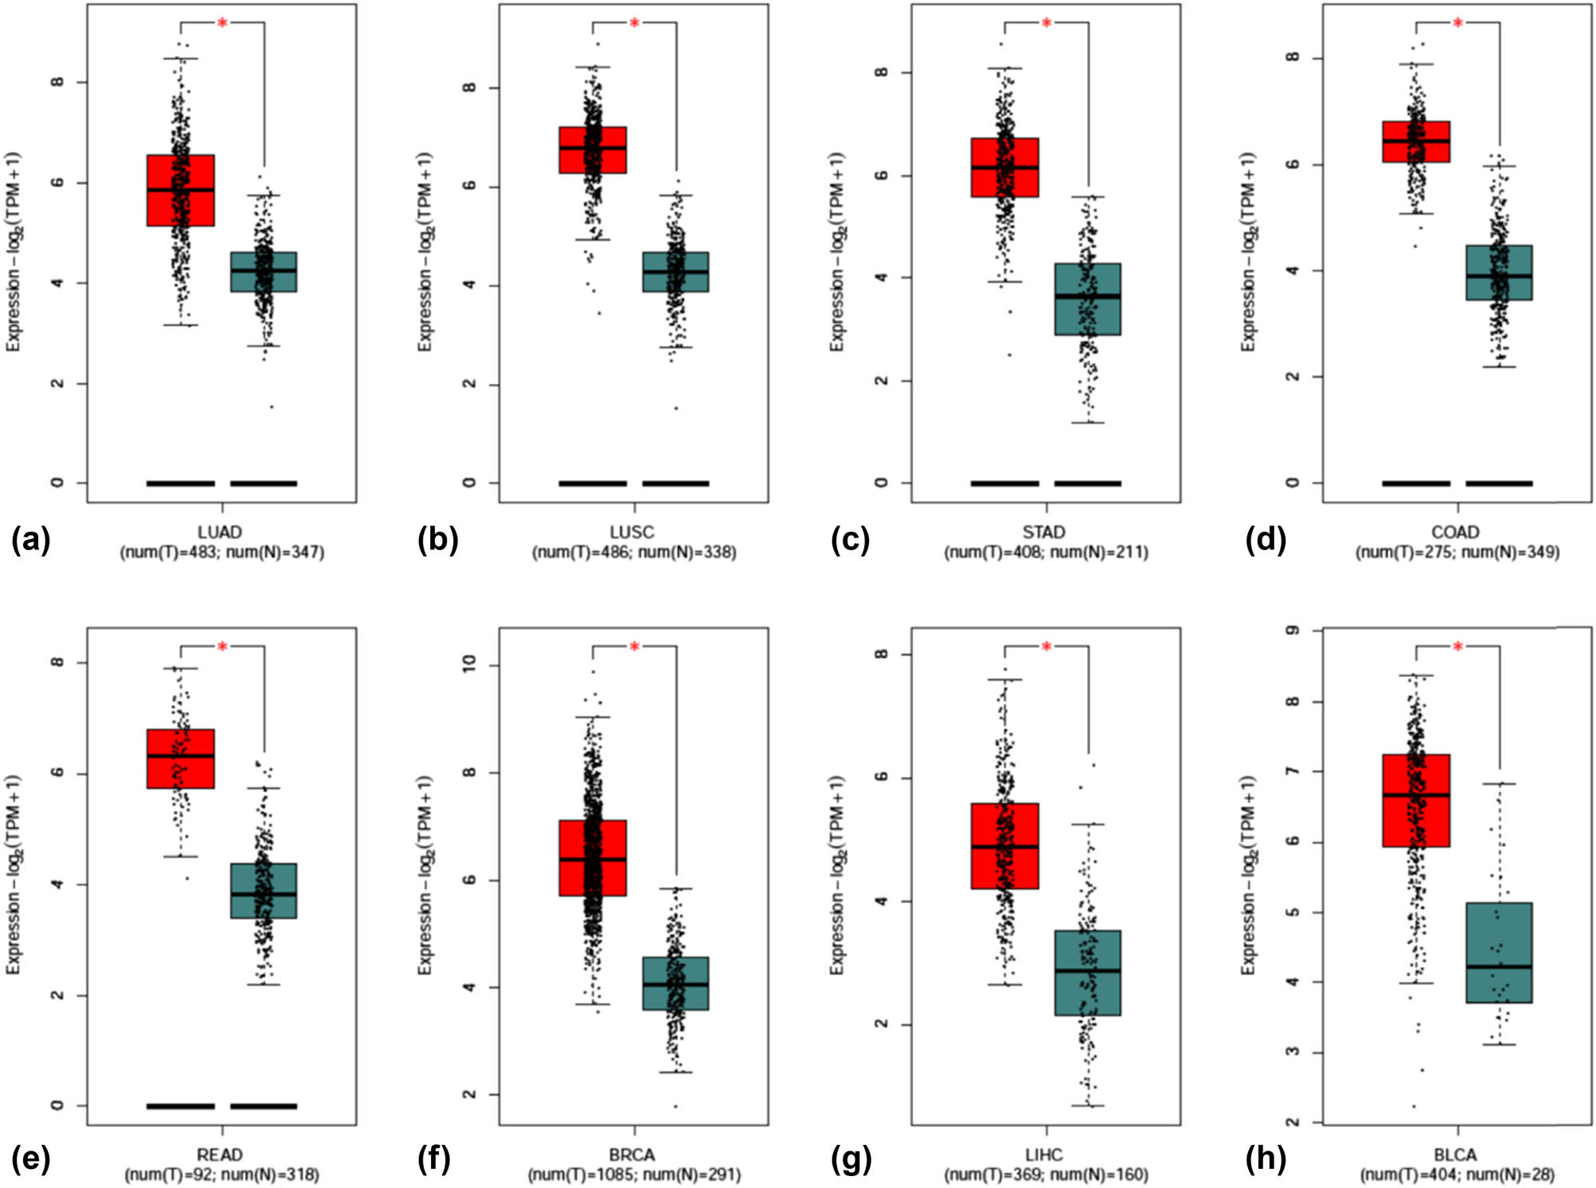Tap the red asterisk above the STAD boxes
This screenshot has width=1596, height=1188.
click(x=1046, y=23)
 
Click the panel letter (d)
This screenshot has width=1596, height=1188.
click(x=1265, y=541)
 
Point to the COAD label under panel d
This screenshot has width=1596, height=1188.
click(x=1456, y=532)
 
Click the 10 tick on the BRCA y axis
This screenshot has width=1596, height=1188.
click(x=469, y=663)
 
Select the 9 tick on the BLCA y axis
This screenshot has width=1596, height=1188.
click(x=1293, y=631)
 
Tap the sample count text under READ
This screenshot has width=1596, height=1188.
click(x=222, y=1174)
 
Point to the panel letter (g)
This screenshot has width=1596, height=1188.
click(x=851, y=1158)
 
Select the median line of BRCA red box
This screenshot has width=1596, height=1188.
click(x=592, y=859)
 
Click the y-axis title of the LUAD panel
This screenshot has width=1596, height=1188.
click(x=14, y=251)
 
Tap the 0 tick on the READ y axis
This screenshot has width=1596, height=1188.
click(x=57, y=1106)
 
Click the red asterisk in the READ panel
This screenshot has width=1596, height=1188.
click(x=223, y=646)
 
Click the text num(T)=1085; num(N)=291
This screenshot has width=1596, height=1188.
click(x=634, y=1174)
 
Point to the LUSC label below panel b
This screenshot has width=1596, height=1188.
click(x=632, y=532)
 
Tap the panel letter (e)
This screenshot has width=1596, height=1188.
click(x=30, y=1158)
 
